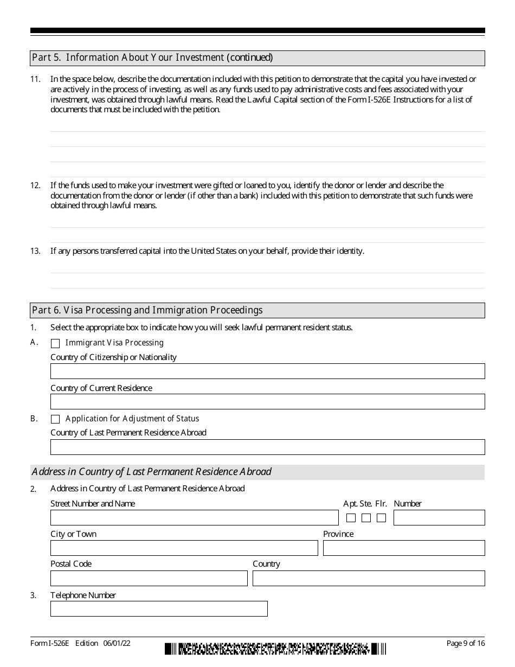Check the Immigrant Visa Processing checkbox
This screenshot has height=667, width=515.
(x=55, y=343)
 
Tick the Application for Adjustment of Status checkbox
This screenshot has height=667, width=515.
(x=55, y=419)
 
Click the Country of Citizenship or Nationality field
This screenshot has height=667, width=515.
(x=267, y=371)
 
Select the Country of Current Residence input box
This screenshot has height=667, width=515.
(x=267, y=402)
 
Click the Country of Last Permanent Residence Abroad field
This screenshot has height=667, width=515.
(x=267, y=447)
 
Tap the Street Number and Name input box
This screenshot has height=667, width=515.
(x=194, y=518)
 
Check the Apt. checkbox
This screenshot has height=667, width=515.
(x=351, y=518)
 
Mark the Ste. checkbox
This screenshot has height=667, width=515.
(x=366, y=518)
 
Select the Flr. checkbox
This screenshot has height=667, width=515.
(x=381, y=518)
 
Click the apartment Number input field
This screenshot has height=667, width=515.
(x=439, y=518)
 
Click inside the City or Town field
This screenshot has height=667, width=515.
(x=184, y=548)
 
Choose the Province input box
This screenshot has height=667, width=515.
(x=404, y=548)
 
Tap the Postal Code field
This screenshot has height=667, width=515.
(x=149, y=579)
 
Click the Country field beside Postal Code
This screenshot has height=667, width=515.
(x=369, y=579)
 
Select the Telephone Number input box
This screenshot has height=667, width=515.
(x=159, y=609)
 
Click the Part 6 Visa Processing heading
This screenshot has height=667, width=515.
(x=147, y=310)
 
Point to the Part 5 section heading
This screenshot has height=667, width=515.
(x=152, y=57)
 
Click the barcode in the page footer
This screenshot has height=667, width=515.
(x=275, y=649)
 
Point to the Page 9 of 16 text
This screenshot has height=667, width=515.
(x=465, y=643)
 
